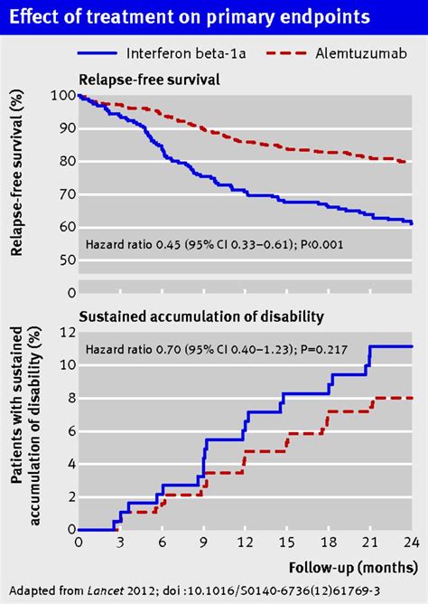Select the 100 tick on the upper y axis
point(65,96)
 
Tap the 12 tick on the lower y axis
point(65,332)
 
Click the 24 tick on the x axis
point(412,542)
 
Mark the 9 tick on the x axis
point(204,542)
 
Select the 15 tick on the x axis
point(286,542)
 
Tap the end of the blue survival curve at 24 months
point(412,223)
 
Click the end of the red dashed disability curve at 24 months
point(412,398)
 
